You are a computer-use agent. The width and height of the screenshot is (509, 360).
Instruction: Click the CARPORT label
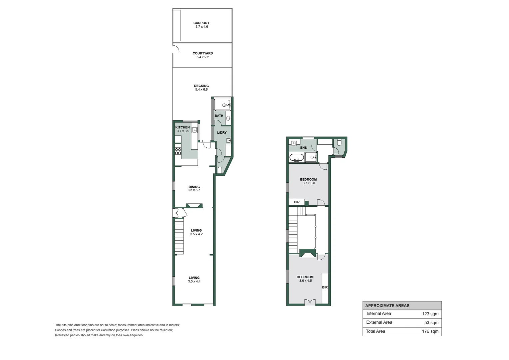pyautogui.click(x=201, y=23)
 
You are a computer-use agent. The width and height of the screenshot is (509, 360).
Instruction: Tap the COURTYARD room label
pyautogui.click(x=203, y=53)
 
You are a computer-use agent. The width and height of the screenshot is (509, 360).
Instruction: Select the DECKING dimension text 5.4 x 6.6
pyautogui.click(x=201, y=90)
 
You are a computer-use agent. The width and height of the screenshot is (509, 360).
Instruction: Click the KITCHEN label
pyautogui.click(x=182, y=127)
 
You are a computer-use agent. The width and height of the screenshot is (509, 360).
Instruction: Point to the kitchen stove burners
pyautogui.click(x=178, y=151)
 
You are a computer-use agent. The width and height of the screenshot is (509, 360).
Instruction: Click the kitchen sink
pyautogui.click(x=194, y=130)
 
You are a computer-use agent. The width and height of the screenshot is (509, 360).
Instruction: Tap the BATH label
pyautogui.click(x=219, y=116)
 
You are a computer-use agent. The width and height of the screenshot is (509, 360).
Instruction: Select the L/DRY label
pyautogui.click(x=222, y=133)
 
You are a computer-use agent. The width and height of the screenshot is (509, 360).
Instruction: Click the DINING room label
pyautogui.click(x=194, y=187)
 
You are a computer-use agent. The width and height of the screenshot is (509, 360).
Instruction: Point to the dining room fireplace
pyautogui.click(x=194, y=206)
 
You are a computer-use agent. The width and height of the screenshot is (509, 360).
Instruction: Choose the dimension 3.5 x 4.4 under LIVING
pyautogui.click(x=194, y=282)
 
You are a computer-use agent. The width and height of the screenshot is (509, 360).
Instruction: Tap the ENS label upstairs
pyautogui.click(x=303, y=148)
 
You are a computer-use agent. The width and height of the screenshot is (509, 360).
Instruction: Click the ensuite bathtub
pyautogui.click(x=296, y=158)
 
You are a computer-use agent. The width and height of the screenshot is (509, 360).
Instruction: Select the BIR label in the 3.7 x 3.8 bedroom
pyautogui.click(x=296, y=202)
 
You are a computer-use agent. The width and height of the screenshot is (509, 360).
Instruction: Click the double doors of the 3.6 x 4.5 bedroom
pyautogui.click(x=310, y=302)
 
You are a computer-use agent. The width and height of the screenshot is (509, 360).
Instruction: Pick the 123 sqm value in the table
pyautogui.click(x=430, y=314)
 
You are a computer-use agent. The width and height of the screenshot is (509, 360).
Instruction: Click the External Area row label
pyautogui.click(x=379, y=322)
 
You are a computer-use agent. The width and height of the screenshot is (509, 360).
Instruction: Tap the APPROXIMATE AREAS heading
pyautogui.click(x=387, y=306)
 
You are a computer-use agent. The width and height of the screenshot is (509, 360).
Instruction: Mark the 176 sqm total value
pyautogui.click(x=430, y=331)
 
